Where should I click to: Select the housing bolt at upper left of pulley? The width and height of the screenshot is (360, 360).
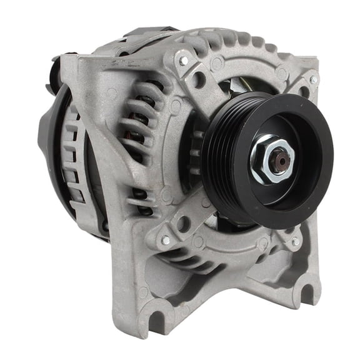pos(184,61)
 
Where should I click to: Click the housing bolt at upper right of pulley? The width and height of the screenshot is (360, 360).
pos(313,80)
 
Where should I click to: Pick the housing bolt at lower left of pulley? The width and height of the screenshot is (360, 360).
pos(166,240)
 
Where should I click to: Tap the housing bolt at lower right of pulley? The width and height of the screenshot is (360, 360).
pos(295,241)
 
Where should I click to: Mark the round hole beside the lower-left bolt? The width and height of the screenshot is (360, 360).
pos(183,223)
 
